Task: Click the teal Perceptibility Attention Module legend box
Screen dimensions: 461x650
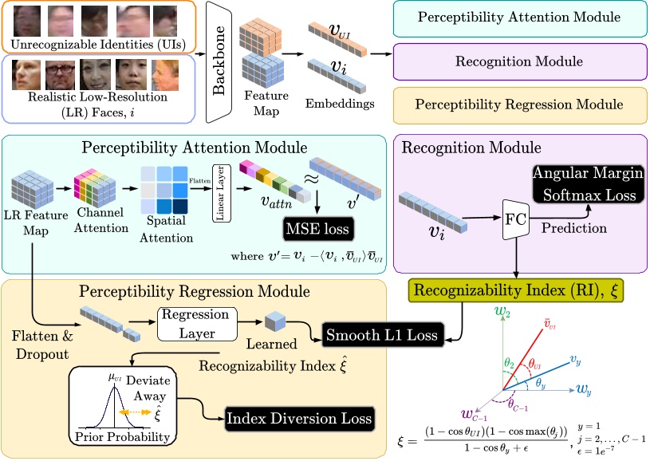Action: point(519,18)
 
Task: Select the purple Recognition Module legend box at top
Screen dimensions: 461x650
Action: point(519,61)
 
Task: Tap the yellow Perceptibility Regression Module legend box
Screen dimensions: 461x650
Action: point(519,105)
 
